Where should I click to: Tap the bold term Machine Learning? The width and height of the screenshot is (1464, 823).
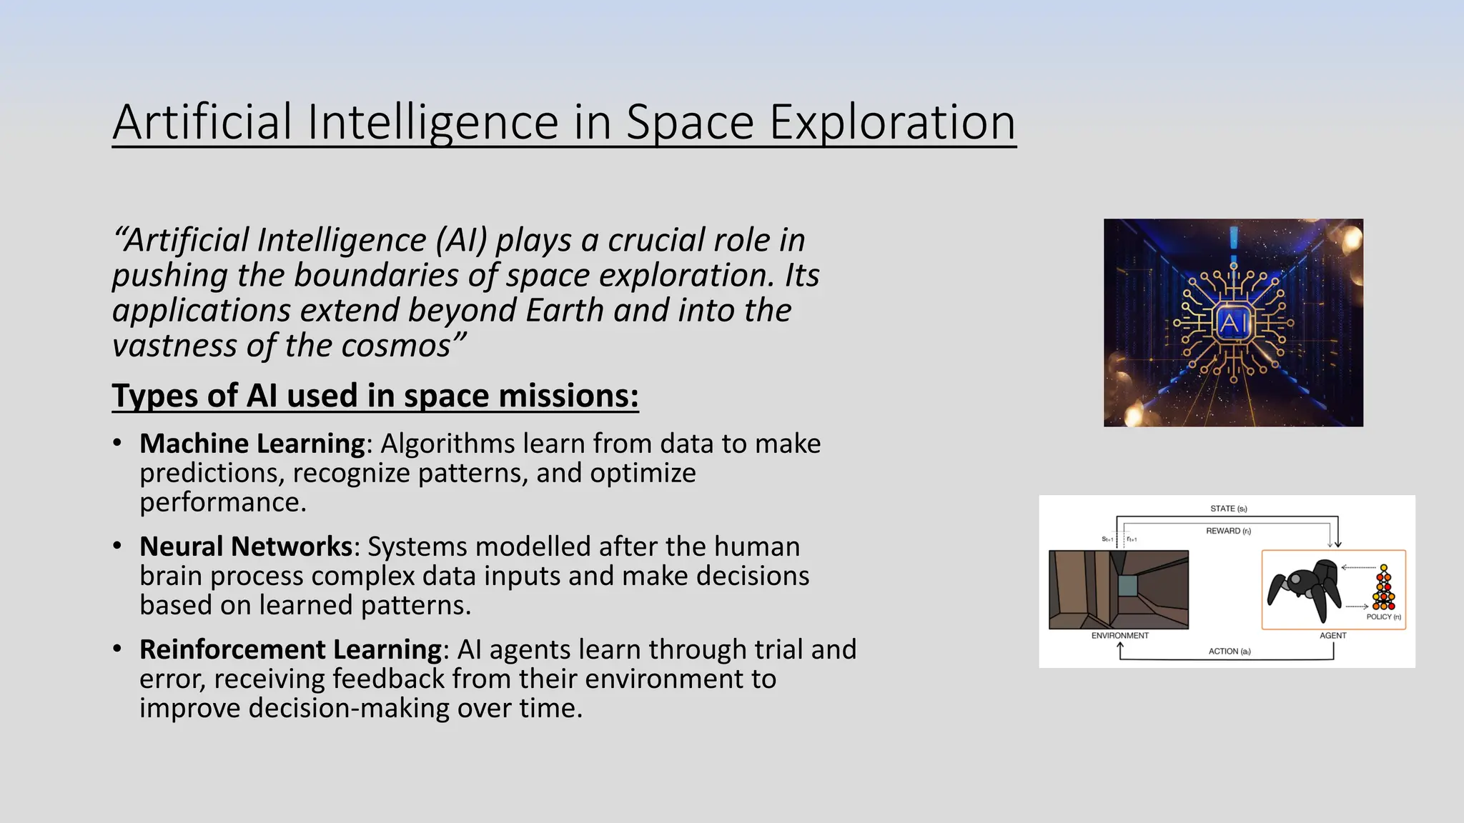point(252,444)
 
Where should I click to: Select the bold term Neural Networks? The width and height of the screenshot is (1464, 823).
point(245,547)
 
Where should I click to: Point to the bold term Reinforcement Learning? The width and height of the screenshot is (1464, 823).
point(290,649)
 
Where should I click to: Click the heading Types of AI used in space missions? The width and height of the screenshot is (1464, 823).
point(375,396)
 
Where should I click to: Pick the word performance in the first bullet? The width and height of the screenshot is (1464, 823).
point(222,502)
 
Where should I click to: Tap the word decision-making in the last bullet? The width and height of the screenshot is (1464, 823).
point(348,708)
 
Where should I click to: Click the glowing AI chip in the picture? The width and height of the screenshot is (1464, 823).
point(1233,324)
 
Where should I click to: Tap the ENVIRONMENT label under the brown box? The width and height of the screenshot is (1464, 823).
point(1119,635)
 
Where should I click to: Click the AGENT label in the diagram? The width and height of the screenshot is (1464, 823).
point(1332,635)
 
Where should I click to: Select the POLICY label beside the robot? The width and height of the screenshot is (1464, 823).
point(1383,617)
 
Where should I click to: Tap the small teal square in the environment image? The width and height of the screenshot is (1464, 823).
point(1127,586)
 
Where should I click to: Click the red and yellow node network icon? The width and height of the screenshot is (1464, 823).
point(1384,589)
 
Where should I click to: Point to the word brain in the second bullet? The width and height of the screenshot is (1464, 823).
point(171,576)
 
